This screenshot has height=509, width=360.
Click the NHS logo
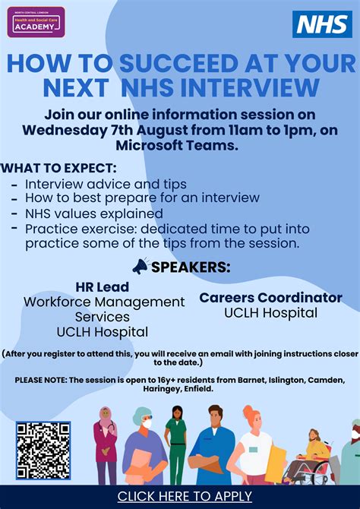[322, 24]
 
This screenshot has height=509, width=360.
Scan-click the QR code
[43, 450]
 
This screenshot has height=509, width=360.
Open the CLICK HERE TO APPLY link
[185, 497]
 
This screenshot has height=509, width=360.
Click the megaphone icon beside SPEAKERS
[141, 267]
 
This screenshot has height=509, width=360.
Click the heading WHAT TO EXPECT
[59, 168]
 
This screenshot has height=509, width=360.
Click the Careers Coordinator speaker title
[270, 297]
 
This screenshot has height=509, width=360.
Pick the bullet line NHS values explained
[93, 213]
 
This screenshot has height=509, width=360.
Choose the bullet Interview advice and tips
[106, 184]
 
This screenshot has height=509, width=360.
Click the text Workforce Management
[104, 302]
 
